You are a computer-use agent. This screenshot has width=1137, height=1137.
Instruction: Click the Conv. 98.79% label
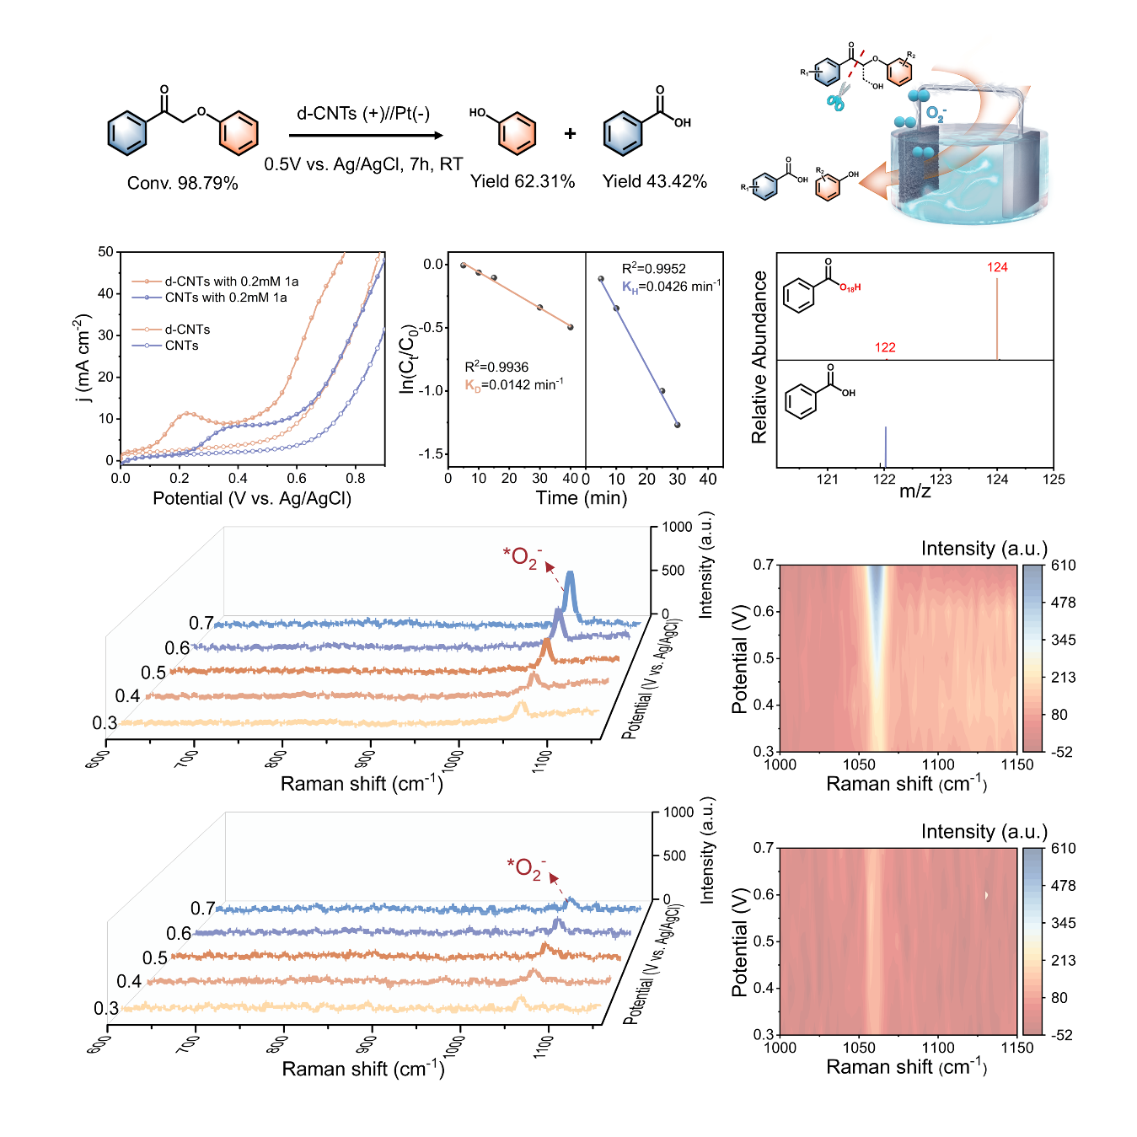(182, 183)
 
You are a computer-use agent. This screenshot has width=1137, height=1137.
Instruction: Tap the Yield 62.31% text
(523, 181)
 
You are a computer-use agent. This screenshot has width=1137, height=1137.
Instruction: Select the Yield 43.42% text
(654, 181)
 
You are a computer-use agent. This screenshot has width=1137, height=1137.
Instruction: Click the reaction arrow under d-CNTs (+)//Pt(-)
(366, 135)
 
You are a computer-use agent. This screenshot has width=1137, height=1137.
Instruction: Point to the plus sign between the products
(571, 133)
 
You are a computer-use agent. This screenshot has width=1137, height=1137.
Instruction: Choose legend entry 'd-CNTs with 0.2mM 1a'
(231, 282)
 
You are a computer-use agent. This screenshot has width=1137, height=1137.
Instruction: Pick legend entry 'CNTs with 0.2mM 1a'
(225, 298)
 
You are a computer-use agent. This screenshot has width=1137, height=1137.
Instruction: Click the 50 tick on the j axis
(105, 252)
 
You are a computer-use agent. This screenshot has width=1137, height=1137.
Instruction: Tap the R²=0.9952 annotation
(653, 269)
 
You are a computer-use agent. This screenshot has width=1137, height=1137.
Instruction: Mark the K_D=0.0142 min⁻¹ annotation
(514, 385)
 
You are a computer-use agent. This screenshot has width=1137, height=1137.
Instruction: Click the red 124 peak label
(997, 267)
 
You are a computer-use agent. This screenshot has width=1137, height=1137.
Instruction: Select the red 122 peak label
(885, 347)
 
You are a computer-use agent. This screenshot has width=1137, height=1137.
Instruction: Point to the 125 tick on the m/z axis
(1054, 480)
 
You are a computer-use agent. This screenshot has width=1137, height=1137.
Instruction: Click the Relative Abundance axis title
(759, 357)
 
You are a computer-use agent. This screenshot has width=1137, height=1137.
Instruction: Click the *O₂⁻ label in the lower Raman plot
(526, 867)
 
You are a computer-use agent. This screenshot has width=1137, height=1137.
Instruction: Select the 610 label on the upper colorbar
(1063, 566)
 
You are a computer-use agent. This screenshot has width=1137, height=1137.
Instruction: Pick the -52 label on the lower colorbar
(1062, 1035)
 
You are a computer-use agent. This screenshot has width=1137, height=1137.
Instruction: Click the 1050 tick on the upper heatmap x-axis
(859, 764)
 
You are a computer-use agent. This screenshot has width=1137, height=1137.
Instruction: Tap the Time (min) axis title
(582, 498)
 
